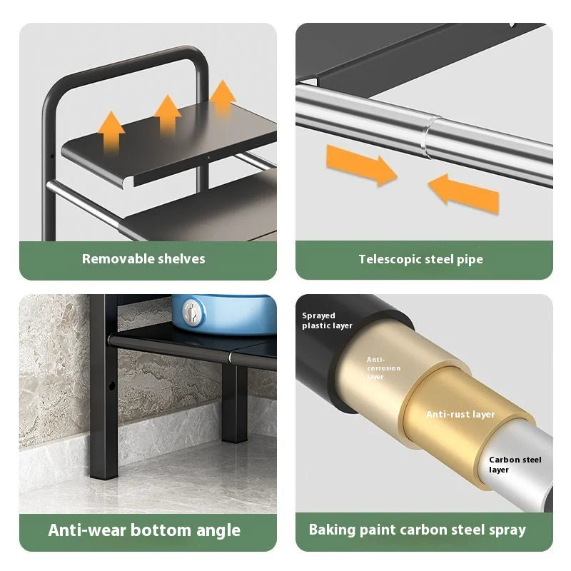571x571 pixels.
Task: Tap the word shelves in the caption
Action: pyautogui.click(x=176, y=259)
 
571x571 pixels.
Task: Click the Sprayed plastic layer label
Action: pyautogui.click(x=327, y=320)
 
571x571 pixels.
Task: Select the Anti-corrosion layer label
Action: pyautogui.click(x=383, y=368)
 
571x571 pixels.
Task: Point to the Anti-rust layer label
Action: pyautogui.click(x=460, y=415)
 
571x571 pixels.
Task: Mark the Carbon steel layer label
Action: pyautogui.click(x=515, y=465)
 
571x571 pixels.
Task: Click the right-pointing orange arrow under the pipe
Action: pyautogui.click(x=361, y=166)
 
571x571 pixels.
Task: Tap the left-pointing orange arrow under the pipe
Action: pyautogui.click(x=463, y=194)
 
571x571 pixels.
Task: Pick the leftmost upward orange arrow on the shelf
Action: pyautogui.click(x=111, y=131)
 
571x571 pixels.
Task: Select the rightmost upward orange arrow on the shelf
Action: pyautogui.click(x=223, y=97)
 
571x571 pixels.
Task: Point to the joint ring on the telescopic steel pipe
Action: pyautogui.click(x=427, y=138)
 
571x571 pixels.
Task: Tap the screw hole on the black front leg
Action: pyautogui.click(x=112, y=385)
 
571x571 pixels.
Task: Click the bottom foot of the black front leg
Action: pyautogui.click(x=104, y=473)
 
